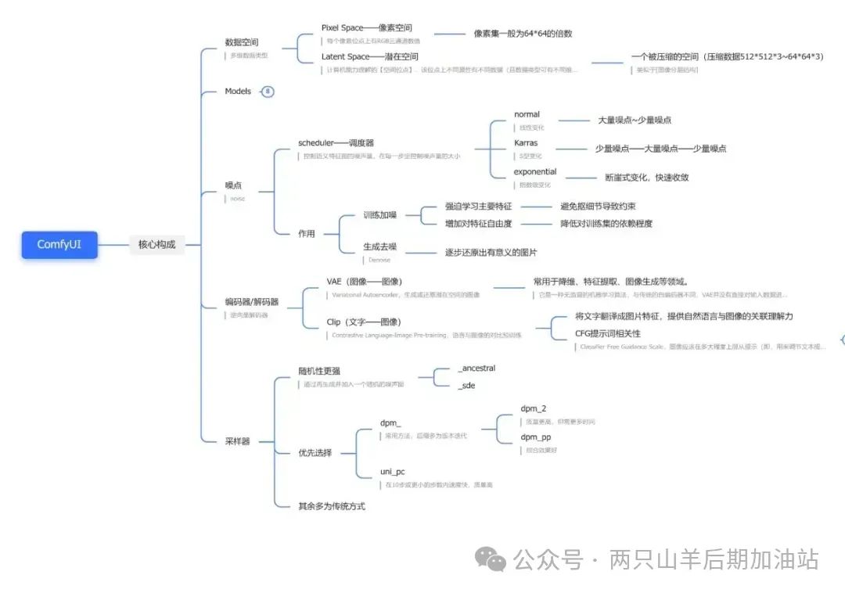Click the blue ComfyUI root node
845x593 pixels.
coord(59,245)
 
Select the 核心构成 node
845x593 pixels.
coord(156,245)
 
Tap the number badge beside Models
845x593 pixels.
coord(268,92)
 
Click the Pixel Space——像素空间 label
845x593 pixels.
coord(366,28)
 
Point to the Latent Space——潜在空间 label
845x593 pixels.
coord(369,57)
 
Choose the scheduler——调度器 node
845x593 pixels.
coord(336,143)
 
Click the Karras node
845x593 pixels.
coord(526,143)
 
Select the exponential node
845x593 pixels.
coord(535,172)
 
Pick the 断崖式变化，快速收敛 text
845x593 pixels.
coord(647,178)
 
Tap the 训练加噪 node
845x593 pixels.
coord(379,215)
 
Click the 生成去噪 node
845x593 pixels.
coord(379,246)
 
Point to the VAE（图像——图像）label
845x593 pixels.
coord(365,282)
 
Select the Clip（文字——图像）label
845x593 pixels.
coord(364,322)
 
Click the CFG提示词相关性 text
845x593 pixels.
coord(608,334)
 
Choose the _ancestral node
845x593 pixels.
coord(476,368)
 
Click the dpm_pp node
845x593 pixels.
coord(536,437)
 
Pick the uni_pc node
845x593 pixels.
coord(392,472)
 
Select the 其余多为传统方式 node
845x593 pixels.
coord(332,506)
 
